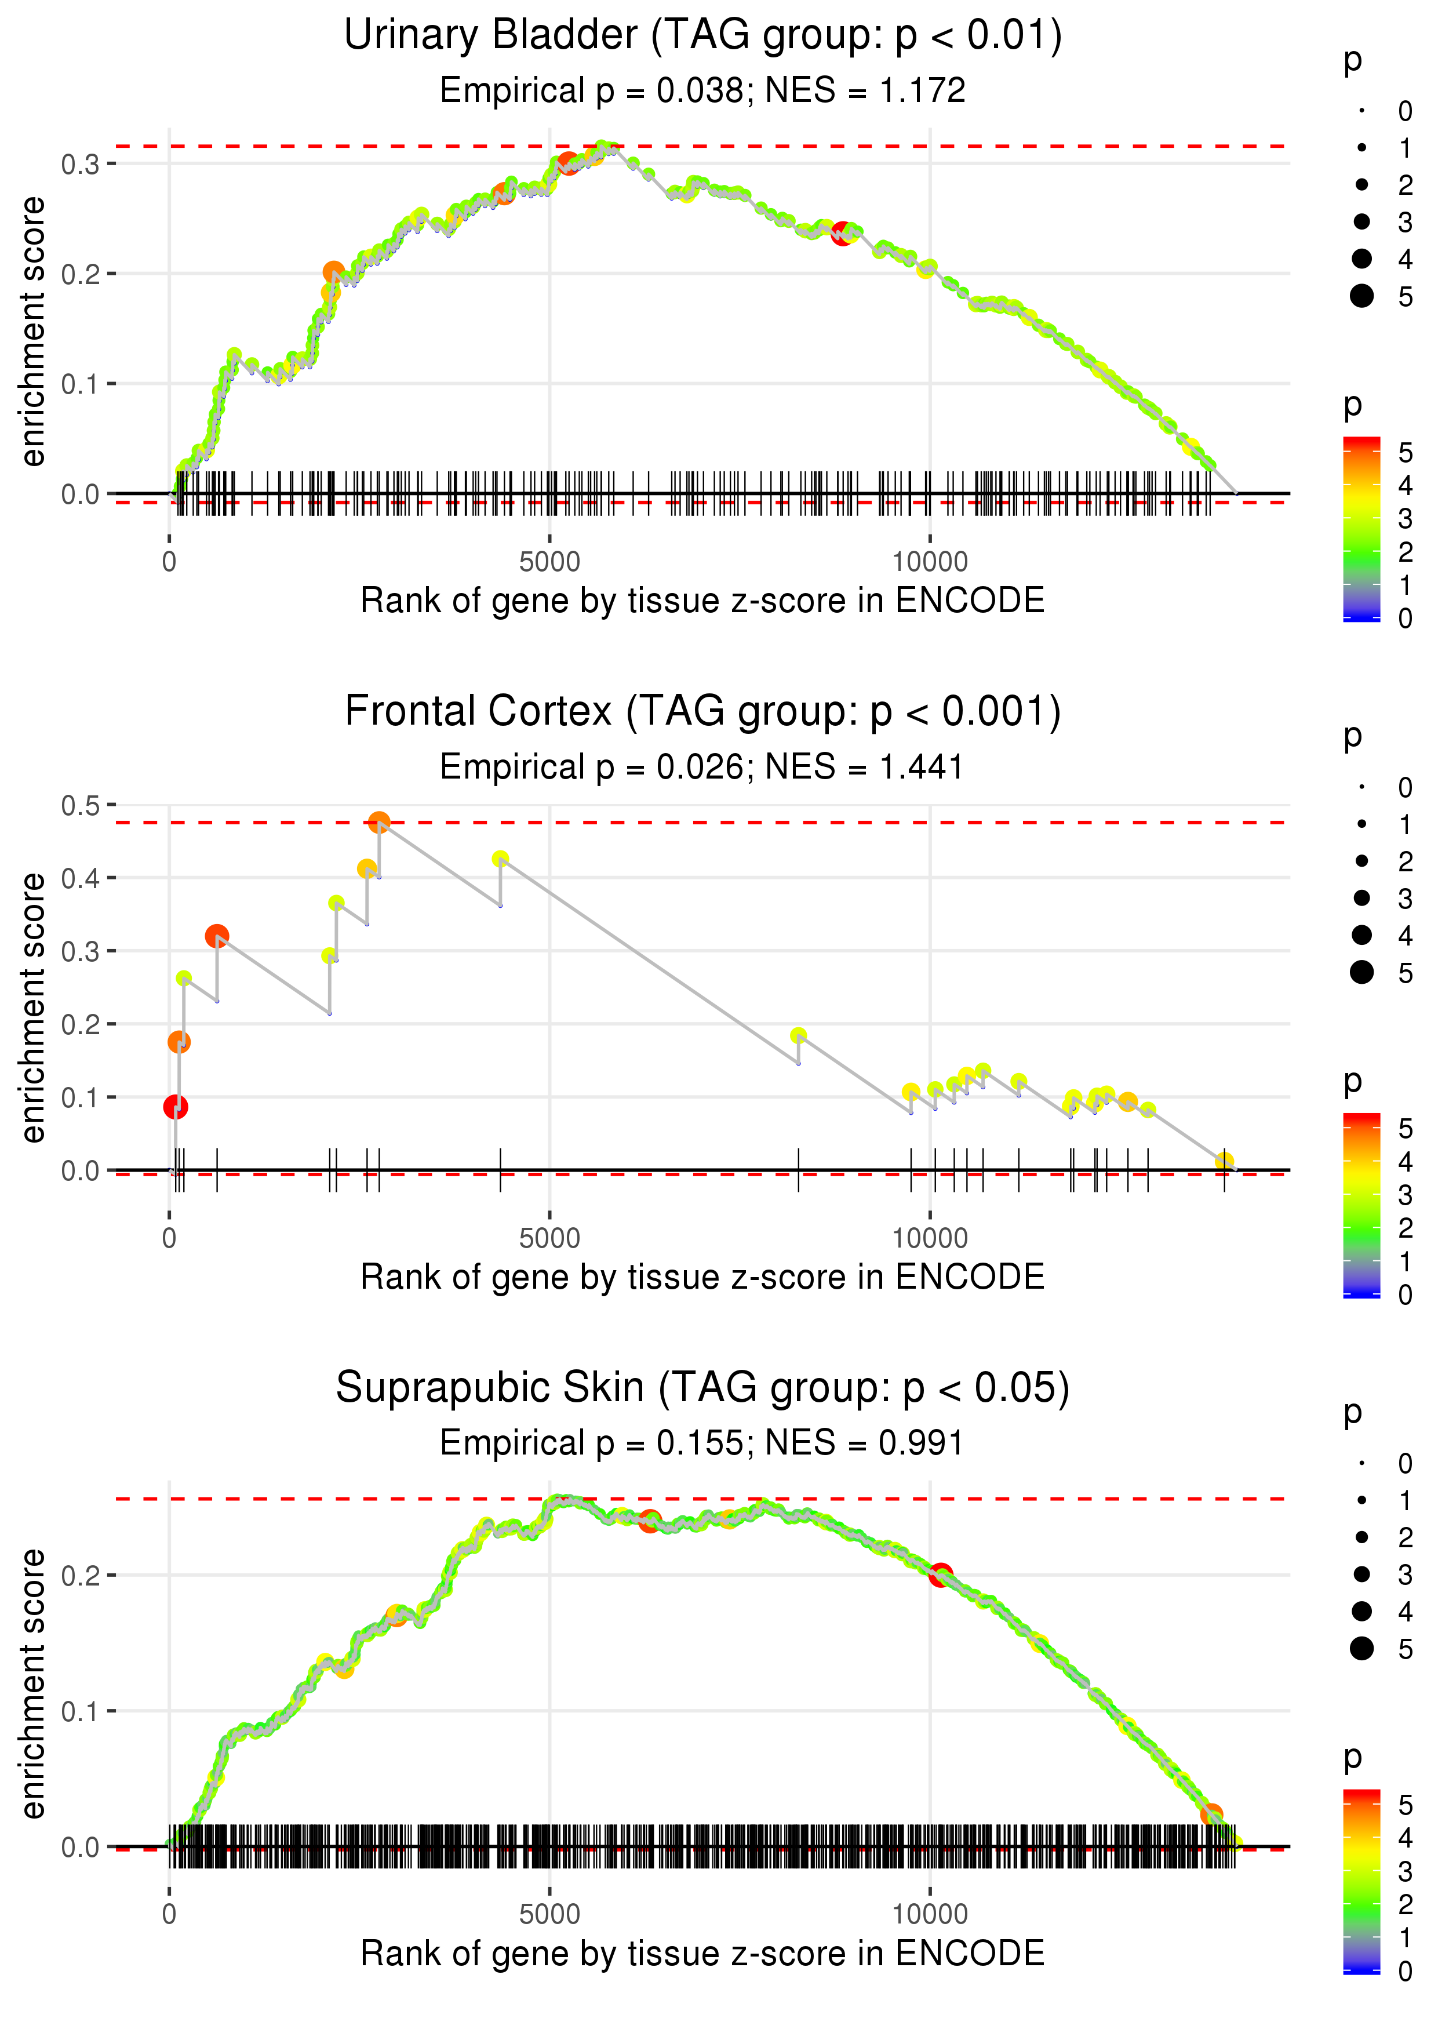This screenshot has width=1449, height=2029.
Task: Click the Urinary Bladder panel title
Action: click(702, 36)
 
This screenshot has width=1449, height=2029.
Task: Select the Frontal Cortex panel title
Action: click(702, 712)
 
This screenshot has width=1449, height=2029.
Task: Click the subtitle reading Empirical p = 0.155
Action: click(702, 1443)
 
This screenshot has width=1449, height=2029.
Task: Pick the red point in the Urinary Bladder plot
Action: click(842, 234)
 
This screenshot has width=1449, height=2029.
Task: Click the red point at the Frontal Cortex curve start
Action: click(176, 1107)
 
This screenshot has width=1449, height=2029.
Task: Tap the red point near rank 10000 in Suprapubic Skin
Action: click(940, 1575)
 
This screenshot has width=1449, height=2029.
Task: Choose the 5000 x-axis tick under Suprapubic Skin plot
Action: click(549, 1914)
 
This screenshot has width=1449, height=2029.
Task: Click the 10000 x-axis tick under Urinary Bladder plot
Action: click(930, 562)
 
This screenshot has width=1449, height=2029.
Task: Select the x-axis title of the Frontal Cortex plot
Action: click(702, 1277)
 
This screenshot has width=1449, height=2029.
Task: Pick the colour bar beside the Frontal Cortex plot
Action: click(1361, 1205)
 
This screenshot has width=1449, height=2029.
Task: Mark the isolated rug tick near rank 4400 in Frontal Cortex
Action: click(501, 1170)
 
